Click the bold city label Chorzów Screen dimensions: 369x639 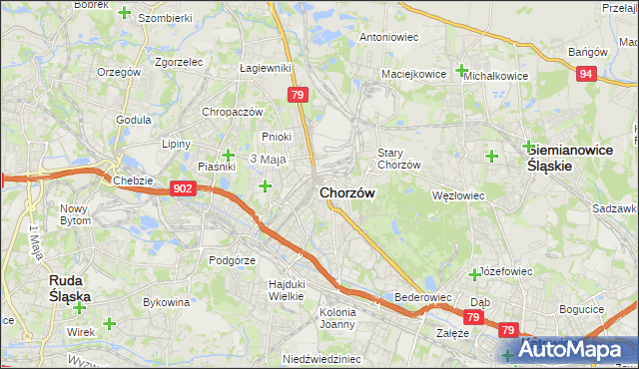coord(347,192)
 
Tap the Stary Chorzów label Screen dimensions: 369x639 coord(398,159)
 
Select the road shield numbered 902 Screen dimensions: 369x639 coord(183,187)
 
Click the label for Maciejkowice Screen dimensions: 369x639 coord(412,74)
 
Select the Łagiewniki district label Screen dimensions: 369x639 coord(266,68)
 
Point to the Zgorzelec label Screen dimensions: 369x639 coord(179,61)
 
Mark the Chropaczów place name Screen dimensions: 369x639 coord(232,112)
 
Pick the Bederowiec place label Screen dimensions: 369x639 coord(423,297)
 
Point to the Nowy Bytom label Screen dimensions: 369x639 coord(76,214)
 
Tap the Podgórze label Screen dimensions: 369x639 coord(233,260)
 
